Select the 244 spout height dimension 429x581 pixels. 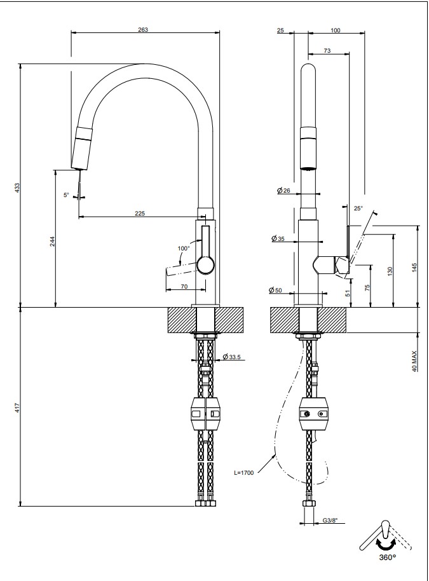coord(52,241)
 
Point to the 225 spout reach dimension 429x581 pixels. coord(139,214)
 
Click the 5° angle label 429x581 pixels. coord(66,195)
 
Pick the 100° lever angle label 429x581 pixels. coord(184,248)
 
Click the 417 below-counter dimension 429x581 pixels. coord(18,408)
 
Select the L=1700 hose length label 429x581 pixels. coord(243,473)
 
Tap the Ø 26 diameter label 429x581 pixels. coord(283,191)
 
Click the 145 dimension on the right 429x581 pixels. coord(414,267)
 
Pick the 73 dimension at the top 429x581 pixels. coord(327,50)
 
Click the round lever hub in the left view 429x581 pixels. coord(205,264)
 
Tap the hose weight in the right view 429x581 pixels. coord(315,414)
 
